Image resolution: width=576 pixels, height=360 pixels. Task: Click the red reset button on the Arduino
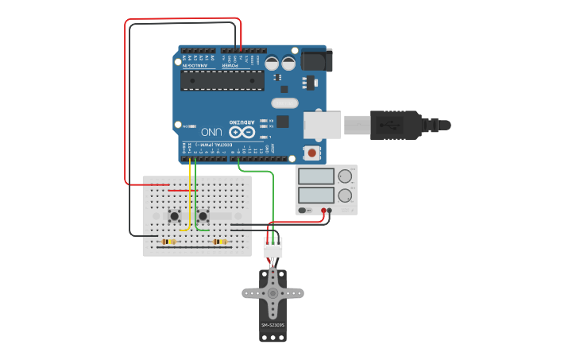pyautogui.click(x=312, y=152)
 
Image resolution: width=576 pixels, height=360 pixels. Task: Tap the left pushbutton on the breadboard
pyautogui.click(x=174, y=215)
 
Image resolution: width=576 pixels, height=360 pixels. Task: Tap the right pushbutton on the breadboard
pyautogui.click(x=203, y=215)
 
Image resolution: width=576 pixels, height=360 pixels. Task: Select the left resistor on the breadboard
pyautogui.click(x=168, y=242)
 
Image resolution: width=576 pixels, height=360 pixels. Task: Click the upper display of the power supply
pyautogui.click(x=316, y=176)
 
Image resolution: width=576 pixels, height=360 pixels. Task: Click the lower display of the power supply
pyautogui.click(x=316, y=195)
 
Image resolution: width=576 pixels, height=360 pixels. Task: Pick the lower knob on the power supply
pyautogui.click(x=345, y=195)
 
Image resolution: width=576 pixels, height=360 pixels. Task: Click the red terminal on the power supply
pyautogui.click(x=323, y=211)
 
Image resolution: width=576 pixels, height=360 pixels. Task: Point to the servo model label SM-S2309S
pyautogui.click(x=273, y=325)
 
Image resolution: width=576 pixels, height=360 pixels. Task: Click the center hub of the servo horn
pyautogui.click(x=273, y=292)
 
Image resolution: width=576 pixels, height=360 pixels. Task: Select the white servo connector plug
pyautogui.click(x=273, y=248)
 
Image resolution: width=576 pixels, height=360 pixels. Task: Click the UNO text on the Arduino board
pyautogui.click(x=211, y=131)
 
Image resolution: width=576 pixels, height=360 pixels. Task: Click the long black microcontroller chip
pyautogui.click(x=222, y=80)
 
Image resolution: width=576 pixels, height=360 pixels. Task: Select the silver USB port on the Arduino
pyautogui.click(x=322, y=125)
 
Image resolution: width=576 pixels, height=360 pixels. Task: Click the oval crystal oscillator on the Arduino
pyautogui.click(x=284, y=103)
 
